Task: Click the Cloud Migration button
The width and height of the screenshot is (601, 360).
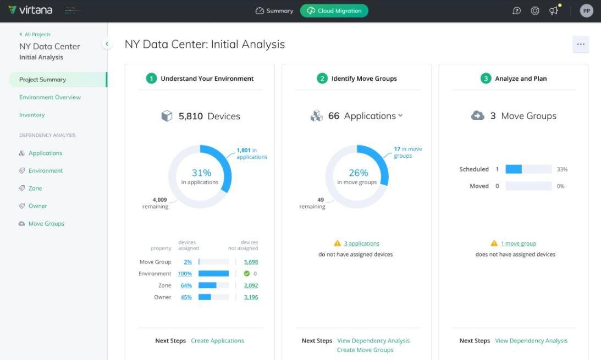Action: click(x=334, y=10)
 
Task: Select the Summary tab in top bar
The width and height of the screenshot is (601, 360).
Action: click(x=274, y=10)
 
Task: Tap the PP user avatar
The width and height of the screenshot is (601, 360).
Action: click(x=586, y=10)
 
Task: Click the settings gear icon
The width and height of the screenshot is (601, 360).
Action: click(x=534, y=10)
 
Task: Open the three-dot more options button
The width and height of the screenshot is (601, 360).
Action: click(x=580, y=45)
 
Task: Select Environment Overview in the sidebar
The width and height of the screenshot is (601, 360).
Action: click(x=50, y=97)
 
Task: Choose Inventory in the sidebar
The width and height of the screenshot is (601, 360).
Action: click(x=32, y=115)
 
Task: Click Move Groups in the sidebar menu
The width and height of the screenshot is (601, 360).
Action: click(x=46, y=224)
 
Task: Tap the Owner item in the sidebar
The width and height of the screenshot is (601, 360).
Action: click(x=38, y=206)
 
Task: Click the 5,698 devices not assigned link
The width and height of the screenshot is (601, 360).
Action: click(x=251, y=262)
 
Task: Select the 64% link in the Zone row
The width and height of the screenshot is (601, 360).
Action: click(x=186, y=286)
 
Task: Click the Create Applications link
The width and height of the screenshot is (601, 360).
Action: click(x=217, y=341)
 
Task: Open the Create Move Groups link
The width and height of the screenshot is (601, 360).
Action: click(x=365, y=350)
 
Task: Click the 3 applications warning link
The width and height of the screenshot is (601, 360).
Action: click(x=361, y=243)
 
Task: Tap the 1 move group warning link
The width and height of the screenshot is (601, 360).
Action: click(x=518, y=243)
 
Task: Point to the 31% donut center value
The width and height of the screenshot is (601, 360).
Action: click(x=201, y=173)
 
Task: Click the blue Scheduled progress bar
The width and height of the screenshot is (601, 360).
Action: click(x=514, y=169)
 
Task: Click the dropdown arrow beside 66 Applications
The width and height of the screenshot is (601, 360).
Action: click(x=400, y=115)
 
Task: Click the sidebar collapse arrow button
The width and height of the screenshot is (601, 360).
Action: click(x=107, y=44)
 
